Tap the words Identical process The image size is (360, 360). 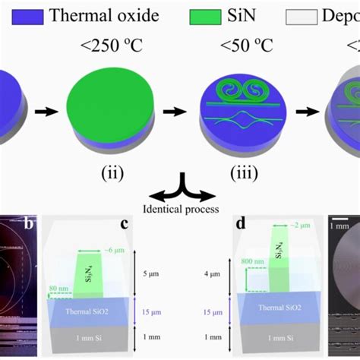coord(181,207)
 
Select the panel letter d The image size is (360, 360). coord(241,226)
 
